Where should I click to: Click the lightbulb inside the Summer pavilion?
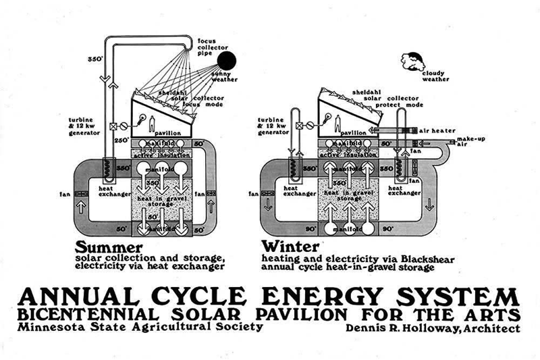point(142,118)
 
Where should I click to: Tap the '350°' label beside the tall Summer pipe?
point(95,60)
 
